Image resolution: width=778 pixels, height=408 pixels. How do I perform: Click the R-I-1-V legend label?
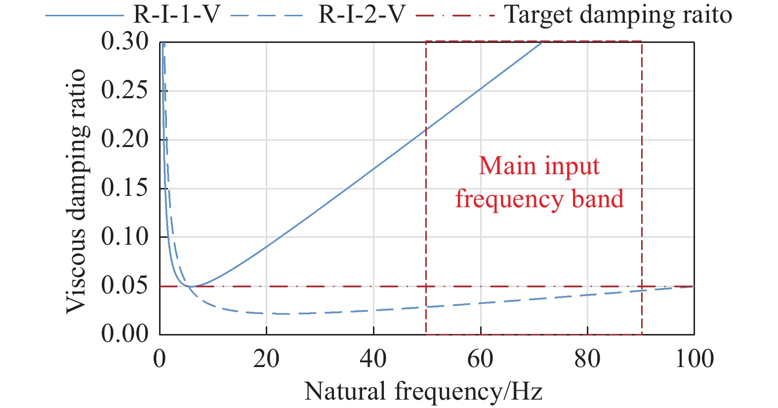[x=176, y=15]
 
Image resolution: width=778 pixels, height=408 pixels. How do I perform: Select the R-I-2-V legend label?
[x=362, y=15]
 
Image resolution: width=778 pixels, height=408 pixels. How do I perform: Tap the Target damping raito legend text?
[x=618, y=15]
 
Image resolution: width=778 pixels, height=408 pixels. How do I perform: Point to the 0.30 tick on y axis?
[x=124, y=41]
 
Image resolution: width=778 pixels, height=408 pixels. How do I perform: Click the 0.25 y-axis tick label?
[x=124, y=90]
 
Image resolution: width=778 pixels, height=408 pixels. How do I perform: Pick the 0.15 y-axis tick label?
[x=124, y=188]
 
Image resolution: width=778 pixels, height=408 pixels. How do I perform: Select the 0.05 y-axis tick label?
[x=124, y=286]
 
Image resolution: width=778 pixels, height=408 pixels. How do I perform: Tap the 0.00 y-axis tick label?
[x=124, y=334]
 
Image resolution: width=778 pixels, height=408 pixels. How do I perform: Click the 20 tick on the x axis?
[x=266, y=359]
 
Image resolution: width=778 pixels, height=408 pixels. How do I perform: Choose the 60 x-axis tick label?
[x=480, y=359]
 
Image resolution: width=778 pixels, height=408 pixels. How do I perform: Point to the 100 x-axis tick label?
[x=694, y=359]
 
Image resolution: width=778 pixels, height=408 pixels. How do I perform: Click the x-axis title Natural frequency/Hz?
[x=423, y=392]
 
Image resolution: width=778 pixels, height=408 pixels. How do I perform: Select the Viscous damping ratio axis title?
[x=77, y=191]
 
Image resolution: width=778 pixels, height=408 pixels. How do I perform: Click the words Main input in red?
[x=539, y=166]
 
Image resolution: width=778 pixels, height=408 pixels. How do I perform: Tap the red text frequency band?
[x=539, y=199]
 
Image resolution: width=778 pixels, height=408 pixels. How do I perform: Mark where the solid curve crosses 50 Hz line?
[x=426, y=129]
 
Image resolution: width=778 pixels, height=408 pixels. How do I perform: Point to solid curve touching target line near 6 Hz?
[x=192, y=286]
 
